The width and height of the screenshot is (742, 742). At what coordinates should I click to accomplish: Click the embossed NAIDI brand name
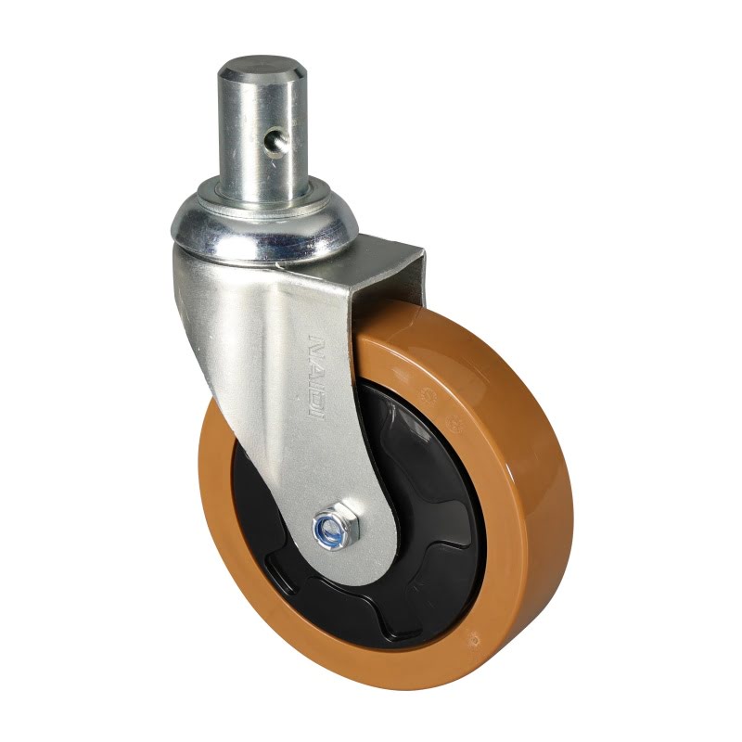coord(315,376)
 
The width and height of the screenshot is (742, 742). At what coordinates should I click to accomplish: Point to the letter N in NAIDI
coord(315,343)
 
